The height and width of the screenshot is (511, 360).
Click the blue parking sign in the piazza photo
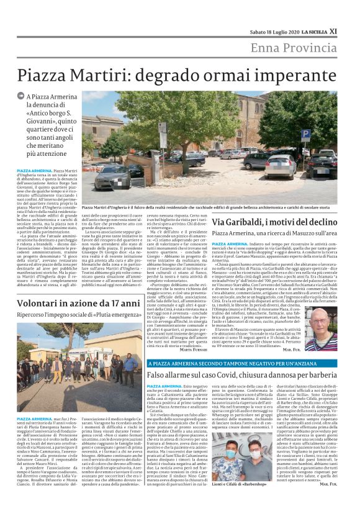[x=306, y=133]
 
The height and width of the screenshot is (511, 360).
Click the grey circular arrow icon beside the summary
[x=21, y=98]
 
